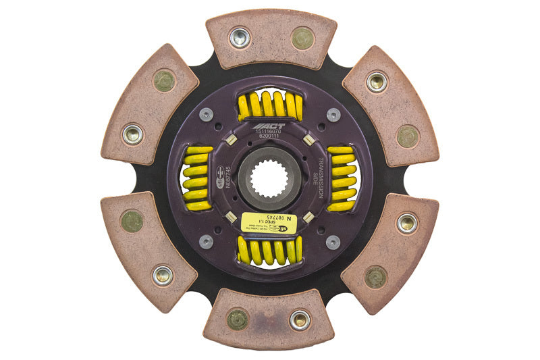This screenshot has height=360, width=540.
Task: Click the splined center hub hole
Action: (270, 179)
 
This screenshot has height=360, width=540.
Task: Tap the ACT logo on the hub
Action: (270, 126)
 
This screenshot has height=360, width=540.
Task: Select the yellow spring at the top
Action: (270, 105)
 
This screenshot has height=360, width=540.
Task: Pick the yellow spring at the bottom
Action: (270, 251)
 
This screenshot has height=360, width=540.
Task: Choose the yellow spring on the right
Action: (342, 178)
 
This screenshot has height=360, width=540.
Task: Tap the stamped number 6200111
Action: (270, 135)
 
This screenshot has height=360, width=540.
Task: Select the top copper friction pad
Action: (271, 39)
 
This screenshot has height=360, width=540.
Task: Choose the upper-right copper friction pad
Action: (391, 108)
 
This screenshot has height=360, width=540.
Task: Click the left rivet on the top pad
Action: (240, 37)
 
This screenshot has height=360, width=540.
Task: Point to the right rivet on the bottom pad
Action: (300, 319)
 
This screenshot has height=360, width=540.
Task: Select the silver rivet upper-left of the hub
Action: (207, 115)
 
